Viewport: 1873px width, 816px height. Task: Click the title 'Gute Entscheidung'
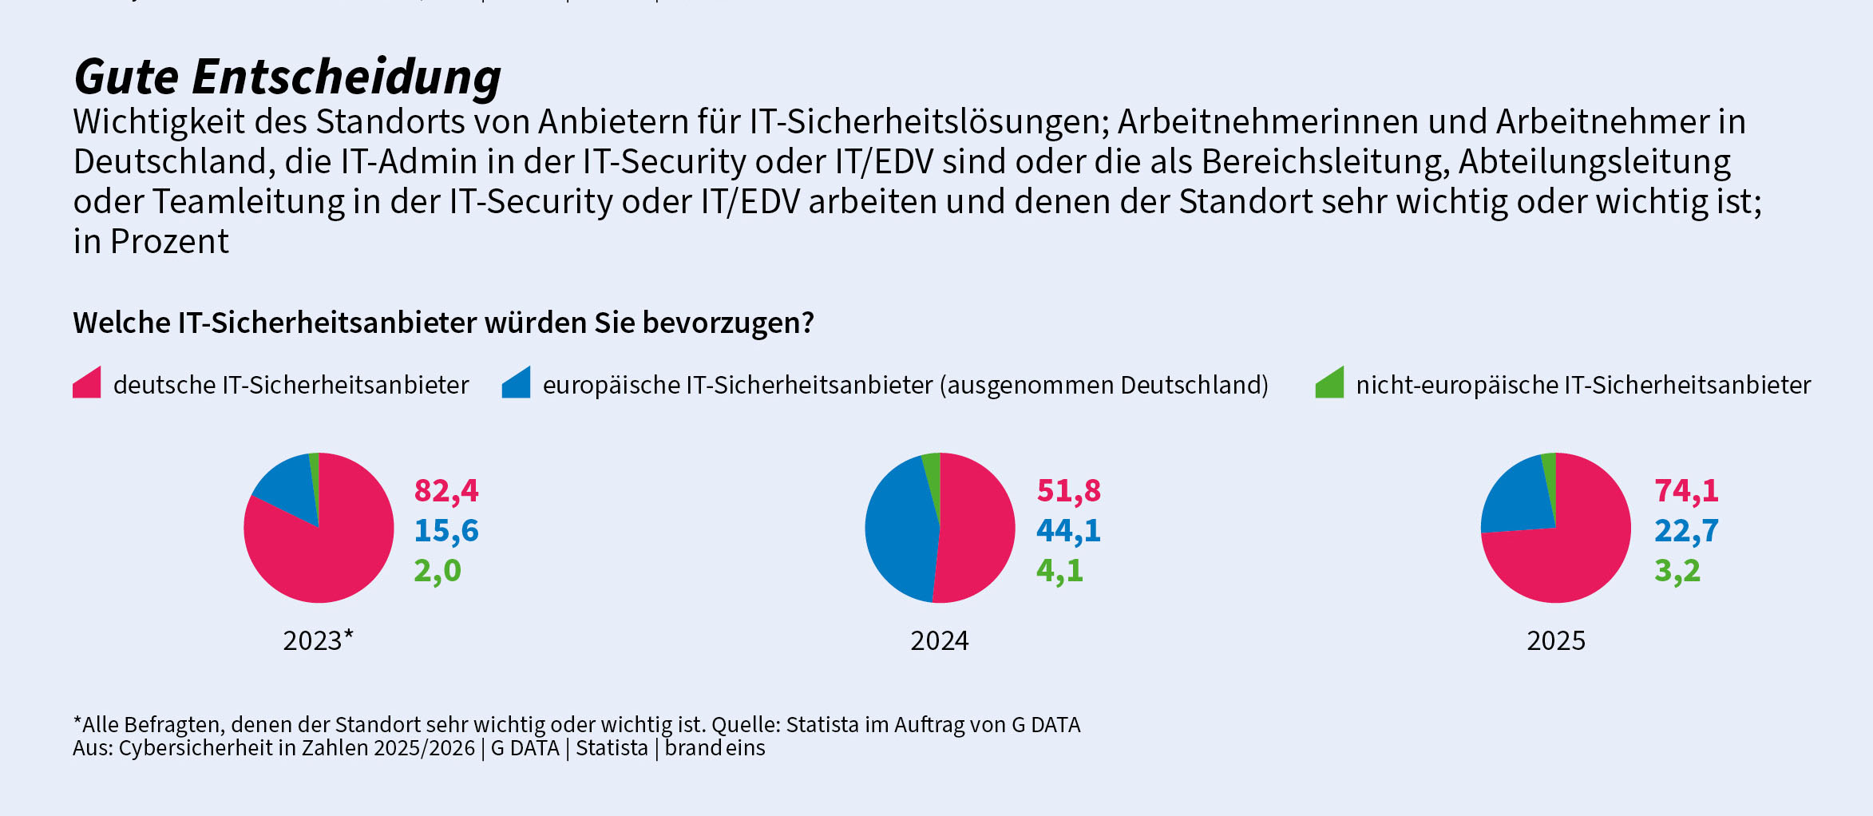(x=287, y=77)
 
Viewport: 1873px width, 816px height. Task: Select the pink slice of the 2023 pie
(x=327, y=559)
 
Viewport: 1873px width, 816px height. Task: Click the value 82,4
(x=446, y=490)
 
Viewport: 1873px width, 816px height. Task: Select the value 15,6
(x=446, y=530)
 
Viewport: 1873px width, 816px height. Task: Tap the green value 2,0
(x=438, y=570)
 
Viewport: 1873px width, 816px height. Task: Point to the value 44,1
(x=1068, y=530)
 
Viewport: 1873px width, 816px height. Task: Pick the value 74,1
(x=1686, y=490)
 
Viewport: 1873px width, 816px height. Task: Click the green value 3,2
(x=1677, y=570)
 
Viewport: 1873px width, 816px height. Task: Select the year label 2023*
(x=318, y=640)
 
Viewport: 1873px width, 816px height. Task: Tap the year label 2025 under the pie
(x=1556, y=640)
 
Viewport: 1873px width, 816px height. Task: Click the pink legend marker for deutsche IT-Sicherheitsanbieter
(x=88, y=384)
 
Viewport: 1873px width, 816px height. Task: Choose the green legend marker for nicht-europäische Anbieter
(x=1330, y=384)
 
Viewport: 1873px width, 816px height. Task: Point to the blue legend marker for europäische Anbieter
(x=517, y=384)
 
